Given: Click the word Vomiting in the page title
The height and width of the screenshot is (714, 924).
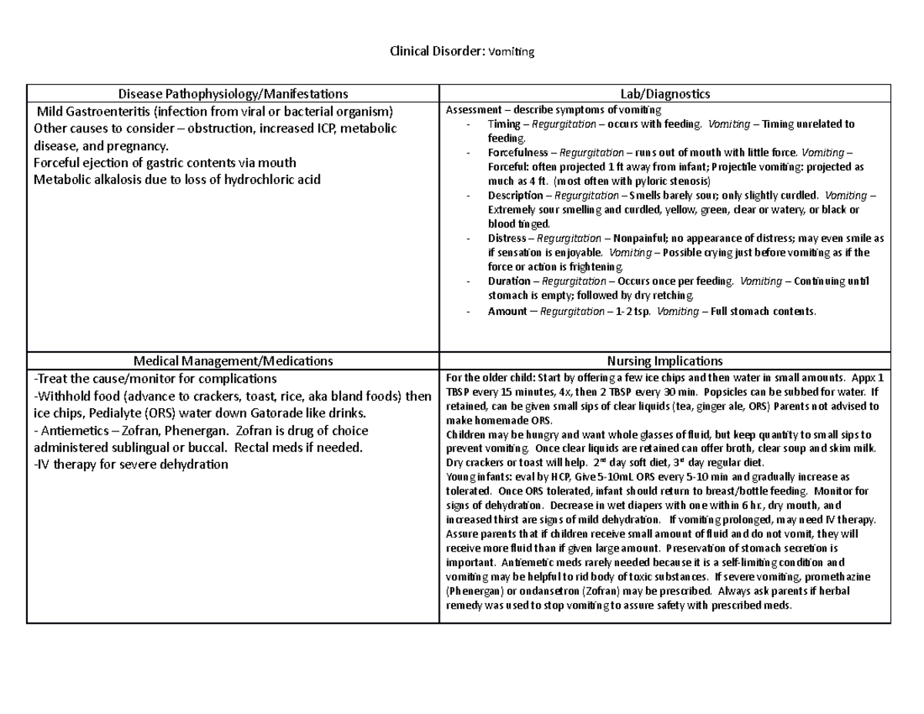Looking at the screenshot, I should (513, 52).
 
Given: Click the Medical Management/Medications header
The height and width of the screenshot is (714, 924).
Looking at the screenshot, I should (233, 360).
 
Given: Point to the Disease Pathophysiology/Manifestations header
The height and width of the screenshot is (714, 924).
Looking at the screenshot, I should (233, 94).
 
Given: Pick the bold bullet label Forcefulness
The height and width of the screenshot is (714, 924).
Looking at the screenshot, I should (517, 153).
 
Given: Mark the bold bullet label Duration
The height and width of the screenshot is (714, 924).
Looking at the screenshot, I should (509, 281).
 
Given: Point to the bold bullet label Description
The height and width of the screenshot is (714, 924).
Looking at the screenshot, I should (514, 196).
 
